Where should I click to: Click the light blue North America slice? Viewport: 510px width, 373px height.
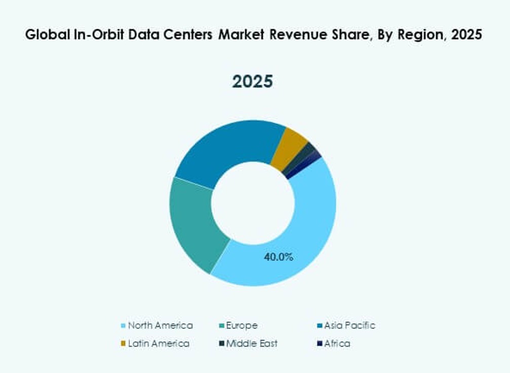304,238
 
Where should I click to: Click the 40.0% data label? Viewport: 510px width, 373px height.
279,257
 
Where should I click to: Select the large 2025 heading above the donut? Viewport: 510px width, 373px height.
252,82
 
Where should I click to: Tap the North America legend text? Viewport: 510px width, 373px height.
160,325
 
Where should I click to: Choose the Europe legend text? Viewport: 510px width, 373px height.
242,325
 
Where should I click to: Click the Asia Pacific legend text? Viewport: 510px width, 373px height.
350,325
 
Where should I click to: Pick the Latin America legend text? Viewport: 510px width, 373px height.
159,344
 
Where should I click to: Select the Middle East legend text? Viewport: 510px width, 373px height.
252,344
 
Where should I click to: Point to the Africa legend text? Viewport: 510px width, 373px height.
337,344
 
